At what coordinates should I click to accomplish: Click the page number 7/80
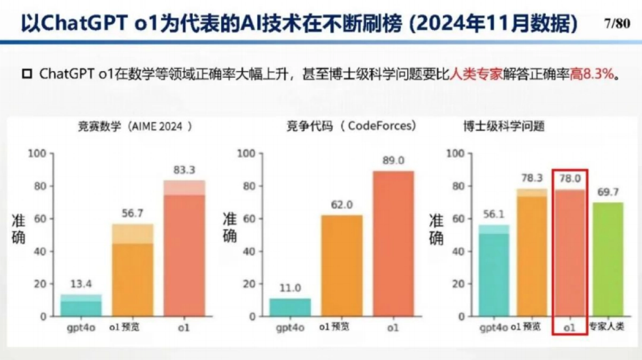[x=616, y=25]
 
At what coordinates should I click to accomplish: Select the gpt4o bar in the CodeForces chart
[x=290, y=307]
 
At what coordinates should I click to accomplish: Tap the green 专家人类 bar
[x=606, y=259]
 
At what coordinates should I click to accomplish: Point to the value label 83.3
[x=184, y=171]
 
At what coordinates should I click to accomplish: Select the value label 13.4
[x=80, y=285]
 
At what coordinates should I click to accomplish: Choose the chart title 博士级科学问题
[x=503, y=127]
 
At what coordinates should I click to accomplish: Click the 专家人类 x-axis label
[x=606, y=326]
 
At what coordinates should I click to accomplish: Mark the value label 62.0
[x=341, y=205]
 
